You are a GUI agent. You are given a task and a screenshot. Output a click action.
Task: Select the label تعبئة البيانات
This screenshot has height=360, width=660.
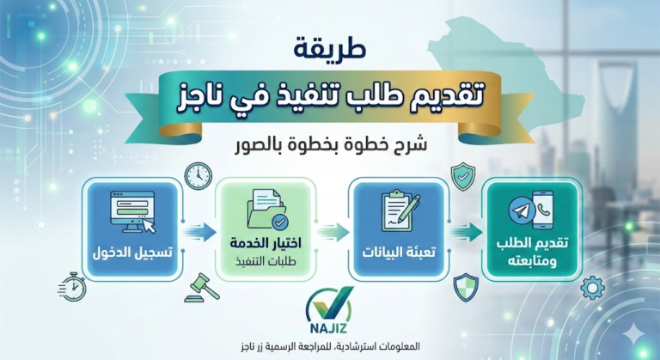click(398, 254)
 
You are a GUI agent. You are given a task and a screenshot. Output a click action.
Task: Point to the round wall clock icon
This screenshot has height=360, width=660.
click(197, 174)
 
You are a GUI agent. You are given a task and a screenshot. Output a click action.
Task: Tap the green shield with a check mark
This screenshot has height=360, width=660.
click(463, 176)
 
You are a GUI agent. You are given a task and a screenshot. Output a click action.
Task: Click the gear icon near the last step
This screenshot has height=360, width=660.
click(592, 285)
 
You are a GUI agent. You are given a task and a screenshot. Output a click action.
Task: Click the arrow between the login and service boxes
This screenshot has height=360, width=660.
click(199, 230)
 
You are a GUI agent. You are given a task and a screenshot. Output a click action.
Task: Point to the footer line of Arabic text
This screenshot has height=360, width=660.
click(330, 348)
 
